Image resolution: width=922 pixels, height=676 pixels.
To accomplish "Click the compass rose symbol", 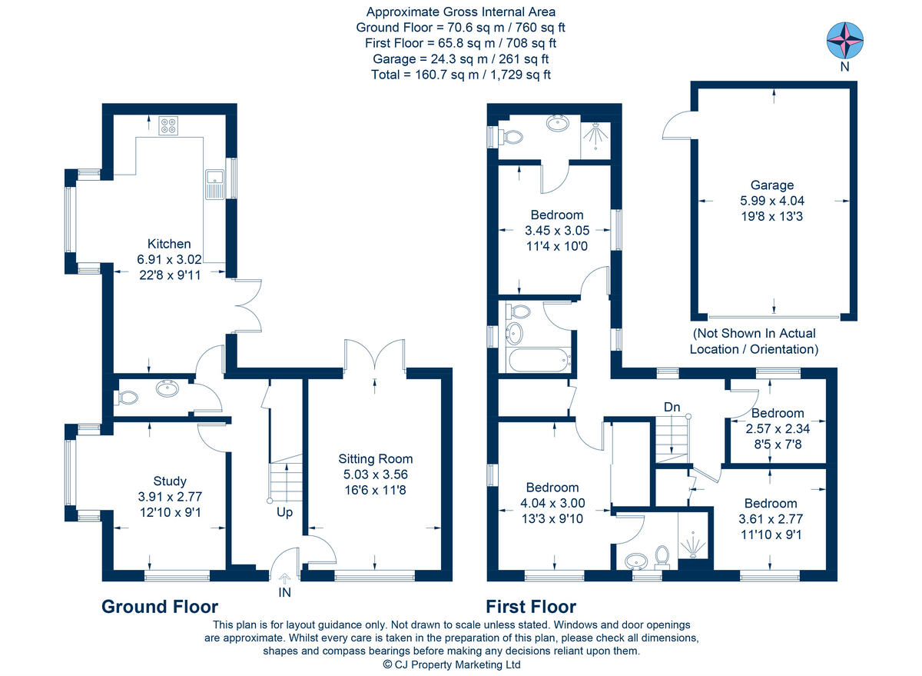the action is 845,40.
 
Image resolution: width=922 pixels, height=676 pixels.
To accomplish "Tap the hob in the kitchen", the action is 169,125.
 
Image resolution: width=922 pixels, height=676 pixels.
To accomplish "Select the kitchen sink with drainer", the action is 214,184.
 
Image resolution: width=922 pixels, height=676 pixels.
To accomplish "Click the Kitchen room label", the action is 169,244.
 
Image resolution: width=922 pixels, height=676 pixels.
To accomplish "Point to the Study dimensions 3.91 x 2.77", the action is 170,497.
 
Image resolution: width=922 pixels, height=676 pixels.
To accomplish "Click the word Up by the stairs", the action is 284,512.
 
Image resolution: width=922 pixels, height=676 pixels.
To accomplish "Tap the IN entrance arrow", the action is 284,578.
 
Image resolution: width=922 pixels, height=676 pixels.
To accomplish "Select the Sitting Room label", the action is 376,459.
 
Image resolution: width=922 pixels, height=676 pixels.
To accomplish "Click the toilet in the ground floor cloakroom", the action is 128,398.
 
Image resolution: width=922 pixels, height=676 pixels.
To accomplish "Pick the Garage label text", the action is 772,185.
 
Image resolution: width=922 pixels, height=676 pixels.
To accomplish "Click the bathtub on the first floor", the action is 539,360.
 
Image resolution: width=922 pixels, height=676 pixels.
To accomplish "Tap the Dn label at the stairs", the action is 672,407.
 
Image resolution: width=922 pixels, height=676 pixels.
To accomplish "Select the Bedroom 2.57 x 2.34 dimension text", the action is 778,429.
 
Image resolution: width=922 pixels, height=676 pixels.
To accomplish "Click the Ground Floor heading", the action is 160,607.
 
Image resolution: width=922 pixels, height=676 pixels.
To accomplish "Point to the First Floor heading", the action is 531,607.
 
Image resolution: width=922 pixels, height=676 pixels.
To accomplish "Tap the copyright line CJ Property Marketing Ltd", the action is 452,664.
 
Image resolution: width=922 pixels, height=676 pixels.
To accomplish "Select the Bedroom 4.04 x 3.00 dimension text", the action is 552,503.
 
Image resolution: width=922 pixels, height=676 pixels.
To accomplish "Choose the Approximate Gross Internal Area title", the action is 460,12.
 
